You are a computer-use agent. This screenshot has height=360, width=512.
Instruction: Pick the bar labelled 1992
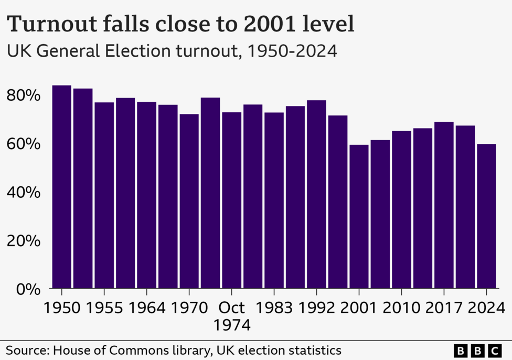click(x=316, y=194)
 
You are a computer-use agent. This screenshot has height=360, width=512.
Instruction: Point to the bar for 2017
click(x=444, y=205)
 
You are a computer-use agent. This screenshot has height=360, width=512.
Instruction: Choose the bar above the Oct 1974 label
click(x=231, y=200)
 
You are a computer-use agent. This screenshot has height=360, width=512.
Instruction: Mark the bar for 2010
click(x=401, y=209)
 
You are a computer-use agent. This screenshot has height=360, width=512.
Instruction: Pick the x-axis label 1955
click(x=104, y=307)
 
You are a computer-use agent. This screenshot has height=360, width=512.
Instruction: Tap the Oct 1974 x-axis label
click(x=231, y=315)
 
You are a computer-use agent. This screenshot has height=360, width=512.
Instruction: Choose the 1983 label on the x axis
click(x=274, y=307)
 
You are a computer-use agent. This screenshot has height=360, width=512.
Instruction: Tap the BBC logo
click(x=477, y=350)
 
